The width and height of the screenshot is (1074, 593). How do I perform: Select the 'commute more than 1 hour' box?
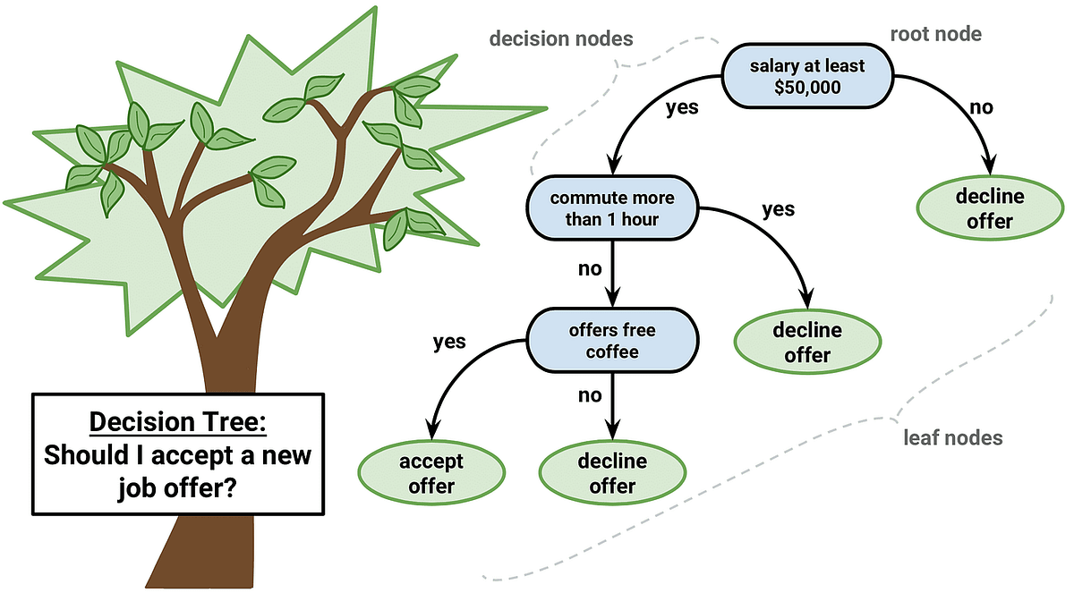coord(612,208)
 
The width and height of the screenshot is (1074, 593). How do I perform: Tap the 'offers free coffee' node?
coord(612,340)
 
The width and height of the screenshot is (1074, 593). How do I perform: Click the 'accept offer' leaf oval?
coord(431,474)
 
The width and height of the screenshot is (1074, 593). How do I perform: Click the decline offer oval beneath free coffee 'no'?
coord(612,474)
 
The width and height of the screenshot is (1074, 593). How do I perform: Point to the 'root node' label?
coord(935,35)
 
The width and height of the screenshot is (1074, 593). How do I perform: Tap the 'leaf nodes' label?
coord(951,438)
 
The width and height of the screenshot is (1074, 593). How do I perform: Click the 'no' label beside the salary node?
coord(982,108)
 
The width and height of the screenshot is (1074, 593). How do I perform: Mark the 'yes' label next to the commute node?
coord(778,209)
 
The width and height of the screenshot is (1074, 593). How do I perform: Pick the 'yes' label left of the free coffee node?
coord(449,343)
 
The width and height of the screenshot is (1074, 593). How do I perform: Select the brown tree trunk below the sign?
coord(192,555)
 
